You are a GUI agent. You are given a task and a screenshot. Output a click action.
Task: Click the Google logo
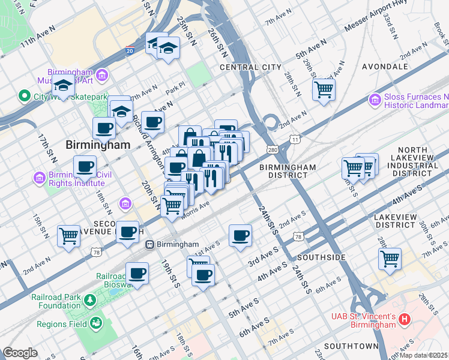point(20,353)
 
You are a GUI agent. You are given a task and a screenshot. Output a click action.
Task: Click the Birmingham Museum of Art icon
point(102,76)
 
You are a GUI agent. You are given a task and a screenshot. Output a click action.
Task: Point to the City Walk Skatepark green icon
point(25,96)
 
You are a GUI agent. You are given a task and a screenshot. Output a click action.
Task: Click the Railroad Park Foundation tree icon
point(90,299)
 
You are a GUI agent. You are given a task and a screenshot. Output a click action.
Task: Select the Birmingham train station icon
point(151,244)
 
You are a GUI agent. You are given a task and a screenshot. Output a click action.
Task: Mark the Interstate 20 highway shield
point(130,52)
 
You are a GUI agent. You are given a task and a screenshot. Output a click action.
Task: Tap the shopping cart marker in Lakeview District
point(390,259)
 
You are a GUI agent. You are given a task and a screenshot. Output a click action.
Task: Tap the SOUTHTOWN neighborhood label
point(351,346)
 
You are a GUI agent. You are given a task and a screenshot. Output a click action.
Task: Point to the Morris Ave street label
point(195,210)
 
